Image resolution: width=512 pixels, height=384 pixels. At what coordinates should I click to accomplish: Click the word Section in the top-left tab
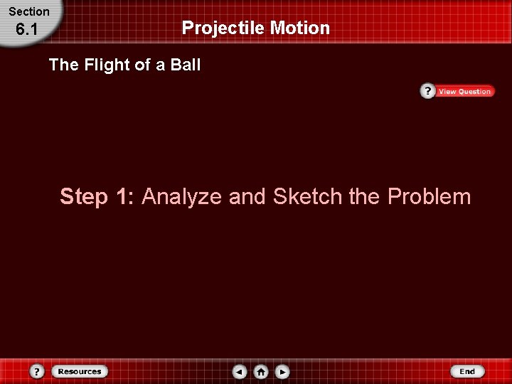click(x=29, y=11)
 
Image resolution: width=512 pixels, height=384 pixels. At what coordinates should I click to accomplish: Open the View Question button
click(x=464, y=91)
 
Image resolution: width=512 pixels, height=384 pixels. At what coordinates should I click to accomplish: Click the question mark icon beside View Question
click(x=427, y=91)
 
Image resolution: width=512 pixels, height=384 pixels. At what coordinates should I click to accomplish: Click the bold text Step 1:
click(x=98, y=196)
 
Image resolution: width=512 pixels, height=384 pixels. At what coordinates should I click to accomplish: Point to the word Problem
click(x=429, y=196)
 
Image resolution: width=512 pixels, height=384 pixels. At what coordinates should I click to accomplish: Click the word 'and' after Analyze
click(x=247, y=196)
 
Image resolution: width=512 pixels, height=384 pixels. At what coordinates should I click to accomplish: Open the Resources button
click(x=80, y=371)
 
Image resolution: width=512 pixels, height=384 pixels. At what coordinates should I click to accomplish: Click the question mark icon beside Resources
click(x=38, y=371)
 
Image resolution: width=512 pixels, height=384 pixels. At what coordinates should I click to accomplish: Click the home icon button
click(x=261, y=371)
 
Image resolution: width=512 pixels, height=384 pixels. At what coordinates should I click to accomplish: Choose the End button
click(x=467, y=371)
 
